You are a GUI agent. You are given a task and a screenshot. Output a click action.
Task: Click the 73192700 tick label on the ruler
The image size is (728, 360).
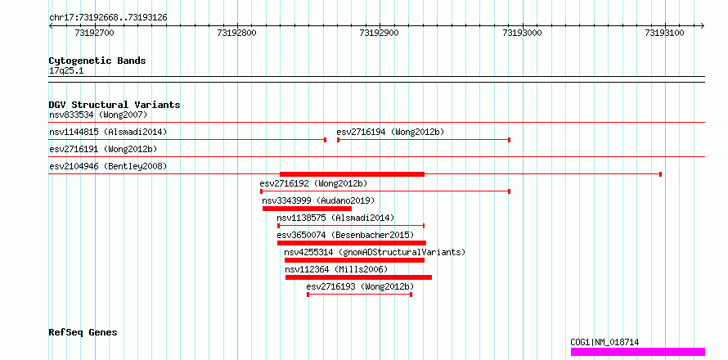94,33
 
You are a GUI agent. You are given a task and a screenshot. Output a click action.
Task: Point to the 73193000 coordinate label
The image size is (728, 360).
523,33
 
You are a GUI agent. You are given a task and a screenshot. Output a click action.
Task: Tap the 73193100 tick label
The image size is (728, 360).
665,33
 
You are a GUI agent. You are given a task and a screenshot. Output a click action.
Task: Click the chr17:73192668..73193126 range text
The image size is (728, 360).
108,18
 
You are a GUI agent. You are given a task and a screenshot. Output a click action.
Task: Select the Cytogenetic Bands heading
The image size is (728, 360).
97,61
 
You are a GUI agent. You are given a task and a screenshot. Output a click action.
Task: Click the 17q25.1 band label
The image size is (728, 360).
66,71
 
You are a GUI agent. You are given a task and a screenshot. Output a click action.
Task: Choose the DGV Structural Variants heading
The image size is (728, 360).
115,105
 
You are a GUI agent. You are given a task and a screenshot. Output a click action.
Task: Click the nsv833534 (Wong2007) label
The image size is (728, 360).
98,115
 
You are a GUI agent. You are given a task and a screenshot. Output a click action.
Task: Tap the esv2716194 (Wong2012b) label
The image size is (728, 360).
390,132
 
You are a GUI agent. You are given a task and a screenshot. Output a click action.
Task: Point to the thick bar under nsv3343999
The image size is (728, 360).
307,209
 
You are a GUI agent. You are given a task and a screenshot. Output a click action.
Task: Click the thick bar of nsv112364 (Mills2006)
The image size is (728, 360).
358,277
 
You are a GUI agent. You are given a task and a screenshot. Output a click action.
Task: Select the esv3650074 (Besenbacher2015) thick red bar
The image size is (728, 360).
352,243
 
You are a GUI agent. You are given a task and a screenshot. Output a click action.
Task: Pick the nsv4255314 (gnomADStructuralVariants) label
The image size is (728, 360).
375,252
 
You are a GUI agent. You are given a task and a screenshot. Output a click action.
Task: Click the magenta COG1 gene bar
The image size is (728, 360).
638,352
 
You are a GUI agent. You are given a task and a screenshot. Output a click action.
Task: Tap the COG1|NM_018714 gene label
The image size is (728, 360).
604,342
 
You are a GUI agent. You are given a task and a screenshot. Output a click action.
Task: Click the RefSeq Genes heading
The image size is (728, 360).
83,332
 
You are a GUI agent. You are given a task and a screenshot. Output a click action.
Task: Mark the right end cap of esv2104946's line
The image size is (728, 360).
660,174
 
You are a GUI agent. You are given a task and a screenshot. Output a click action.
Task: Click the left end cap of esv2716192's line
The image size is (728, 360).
261,191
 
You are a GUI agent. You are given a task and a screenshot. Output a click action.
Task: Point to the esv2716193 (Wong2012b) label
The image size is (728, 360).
360,286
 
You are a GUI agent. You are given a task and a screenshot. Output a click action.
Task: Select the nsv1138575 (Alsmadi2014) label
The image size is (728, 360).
335,218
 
